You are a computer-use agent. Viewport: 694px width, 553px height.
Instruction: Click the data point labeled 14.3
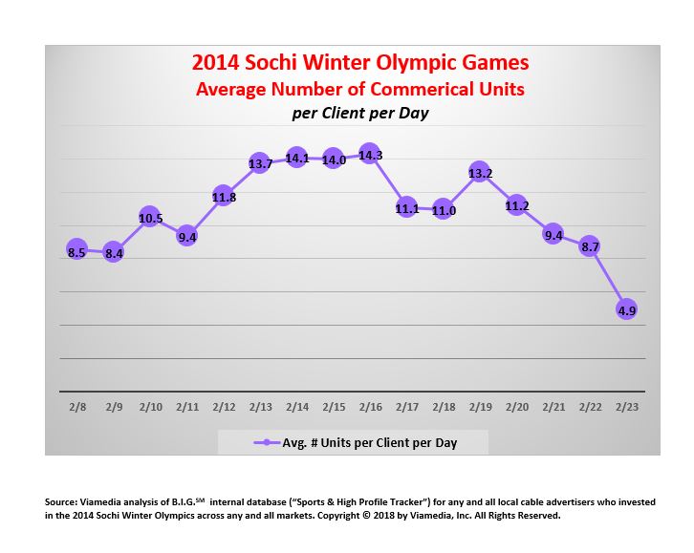click(x=370, y=155)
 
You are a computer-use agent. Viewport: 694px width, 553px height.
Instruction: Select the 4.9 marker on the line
click(x=626, y=308)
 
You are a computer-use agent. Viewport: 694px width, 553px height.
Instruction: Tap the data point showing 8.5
click(x=76, y=250)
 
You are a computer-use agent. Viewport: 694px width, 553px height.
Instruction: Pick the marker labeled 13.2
click(x=480, y=173)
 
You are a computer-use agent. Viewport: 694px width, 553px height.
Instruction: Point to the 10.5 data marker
click(x=150, y=218)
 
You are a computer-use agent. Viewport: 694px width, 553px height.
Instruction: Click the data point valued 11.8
click(x=223, y=197)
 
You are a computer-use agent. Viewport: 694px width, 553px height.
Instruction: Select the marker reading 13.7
click(x=260, y=163)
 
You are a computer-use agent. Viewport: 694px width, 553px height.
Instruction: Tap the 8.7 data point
click(x=590, y=245)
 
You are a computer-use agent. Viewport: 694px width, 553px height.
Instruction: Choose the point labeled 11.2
click(x=516, y=204)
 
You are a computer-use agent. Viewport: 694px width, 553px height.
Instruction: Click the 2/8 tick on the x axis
click(x=76, y=407)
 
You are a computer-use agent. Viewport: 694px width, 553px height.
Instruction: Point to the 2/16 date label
click(x=370, y=407)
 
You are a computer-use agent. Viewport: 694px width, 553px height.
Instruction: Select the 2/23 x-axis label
click(x=626, y=407)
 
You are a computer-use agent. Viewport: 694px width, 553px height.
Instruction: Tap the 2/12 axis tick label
click(x=223, y=407)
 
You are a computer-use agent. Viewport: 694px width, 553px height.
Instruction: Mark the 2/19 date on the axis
click(x=480, y=407)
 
